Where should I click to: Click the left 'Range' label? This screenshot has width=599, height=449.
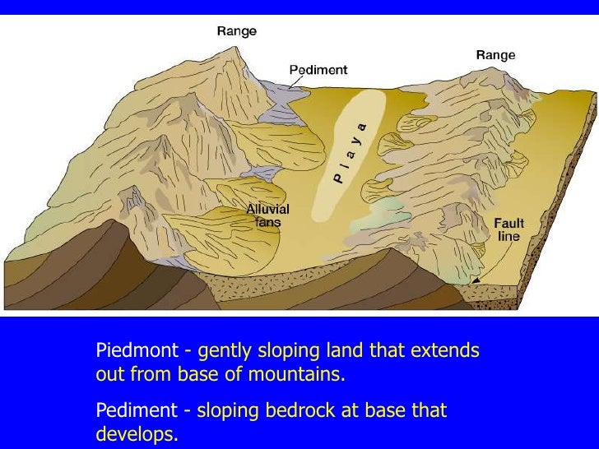click(x=236, y=31)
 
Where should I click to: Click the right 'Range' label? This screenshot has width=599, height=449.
click(x=495, y=55)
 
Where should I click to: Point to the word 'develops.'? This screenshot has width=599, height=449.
click(x=137, y=433)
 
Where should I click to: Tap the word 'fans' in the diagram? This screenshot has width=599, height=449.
click(x=268, y=222)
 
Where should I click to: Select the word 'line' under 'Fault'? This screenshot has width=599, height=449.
click(x=509, y=236)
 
